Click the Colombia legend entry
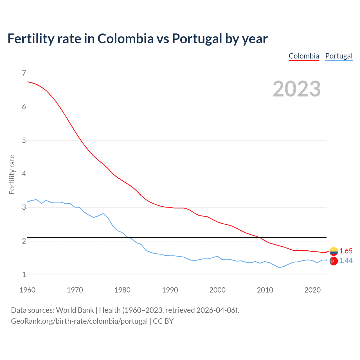(304, 56)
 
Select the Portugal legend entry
(339, 56)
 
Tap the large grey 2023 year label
(296, 89)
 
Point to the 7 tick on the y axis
(24, 73)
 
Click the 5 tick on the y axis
(24, 140)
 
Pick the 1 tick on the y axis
(24, 275)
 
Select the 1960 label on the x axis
(27, 290)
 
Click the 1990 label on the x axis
(170, 290)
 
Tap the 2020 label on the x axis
(312, 290)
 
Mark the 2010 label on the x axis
(265, 290)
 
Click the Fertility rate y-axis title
(12, 174)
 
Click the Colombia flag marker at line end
(334, 251)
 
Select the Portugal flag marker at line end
(334, 261)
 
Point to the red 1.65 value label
(346, 251)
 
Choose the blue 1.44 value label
(346, 261)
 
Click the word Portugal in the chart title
(197, 39)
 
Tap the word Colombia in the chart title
(125, 39)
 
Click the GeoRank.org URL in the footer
(79, 321)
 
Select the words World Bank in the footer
(75, 310)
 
